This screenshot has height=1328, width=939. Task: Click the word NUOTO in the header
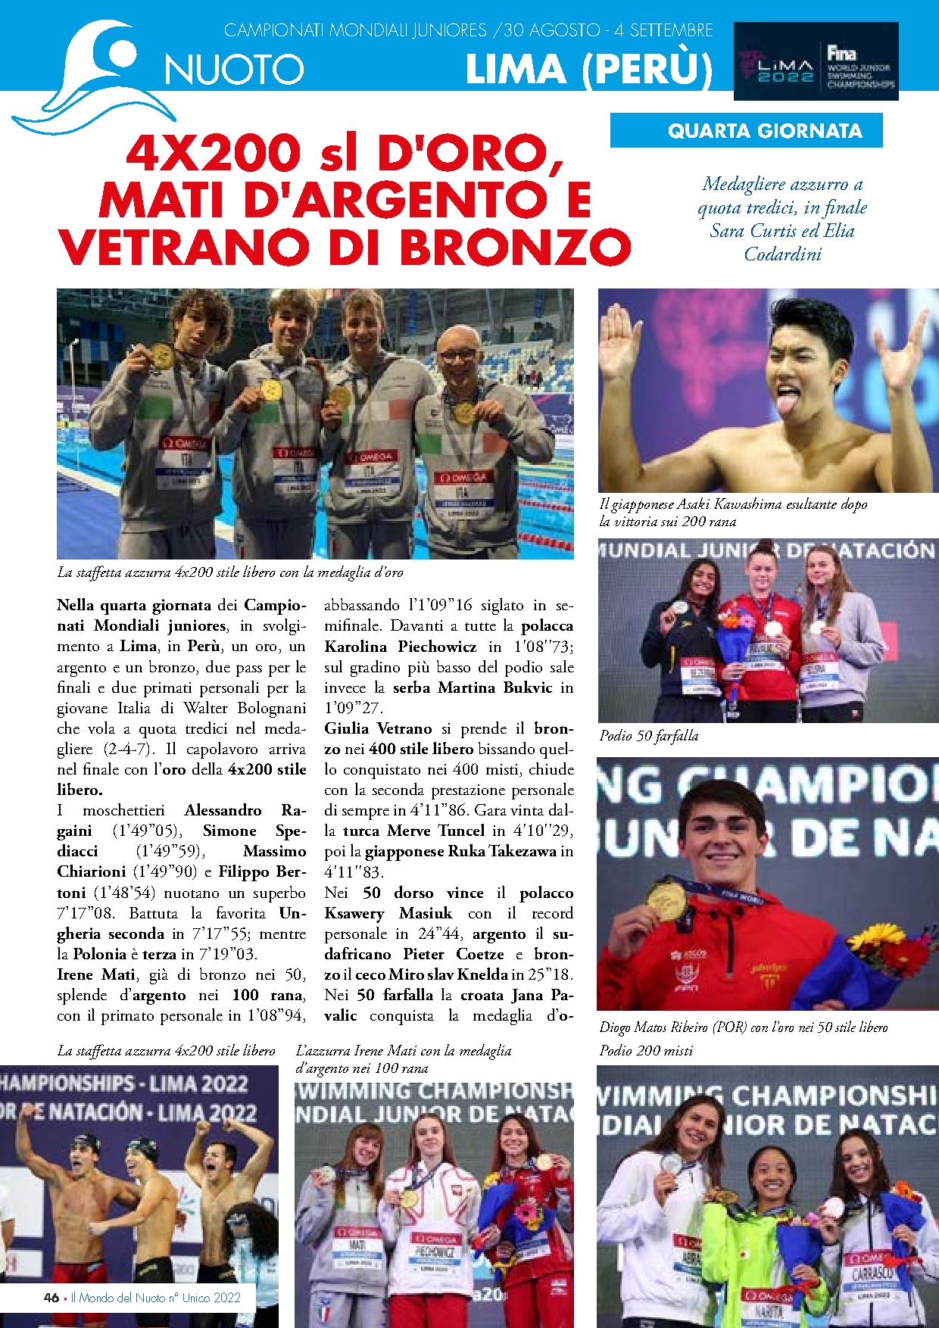coord(234,70)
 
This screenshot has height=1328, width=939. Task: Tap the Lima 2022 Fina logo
coord(816,61)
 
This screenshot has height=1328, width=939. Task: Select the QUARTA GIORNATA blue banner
coord(764,131)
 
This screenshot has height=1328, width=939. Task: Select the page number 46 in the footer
coord(51,1298)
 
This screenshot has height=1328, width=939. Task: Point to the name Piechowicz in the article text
coord(437,647)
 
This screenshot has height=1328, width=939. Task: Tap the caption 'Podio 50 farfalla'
coord(648,735)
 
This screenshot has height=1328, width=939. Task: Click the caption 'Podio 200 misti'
coord(646,1050)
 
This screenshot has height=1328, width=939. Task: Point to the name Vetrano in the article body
coord(404,728)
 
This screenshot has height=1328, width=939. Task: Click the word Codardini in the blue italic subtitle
coord(782,254)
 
